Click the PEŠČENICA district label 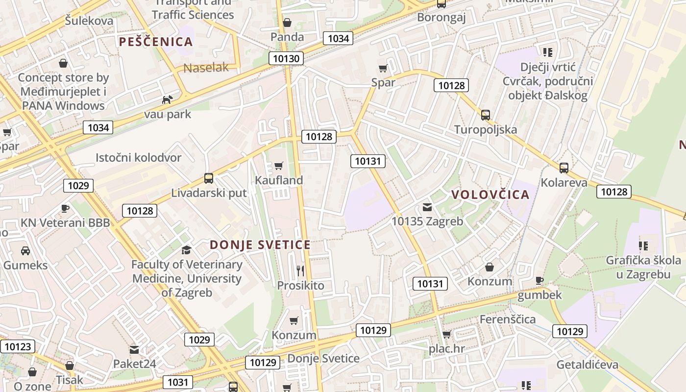tap(156, 42)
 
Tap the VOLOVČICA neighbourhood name tap(490, 195)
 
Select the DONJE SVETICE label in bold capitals tap(260, 245)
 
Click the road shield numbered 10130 tap(286, 59)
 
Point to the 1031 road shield tap(177, 382)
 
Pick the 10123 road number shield tap(18, 347)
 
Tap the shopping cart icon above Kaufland tap(279, 166)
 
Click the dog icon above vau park tap(167, 99)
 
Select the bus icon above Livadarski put tap(209, 178)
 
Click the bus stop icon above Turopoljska tap(486, 115)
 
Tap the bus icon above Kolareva tap(564, 168)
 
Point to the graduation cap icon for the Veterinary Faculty tap(186, 250)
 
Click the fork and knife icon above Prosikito tap(300, 270)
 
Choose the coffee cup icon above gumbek tap(539, 280)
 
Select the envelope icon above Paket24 tap(134, 350)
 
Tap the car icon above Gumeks tap(25, 251)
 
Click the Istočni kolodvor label tap(139, 158)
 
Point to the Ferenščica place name tap(508, 319)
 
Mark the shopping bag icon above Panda tap(287, 23)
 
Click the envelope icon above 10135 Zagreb tap(427, 207)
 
